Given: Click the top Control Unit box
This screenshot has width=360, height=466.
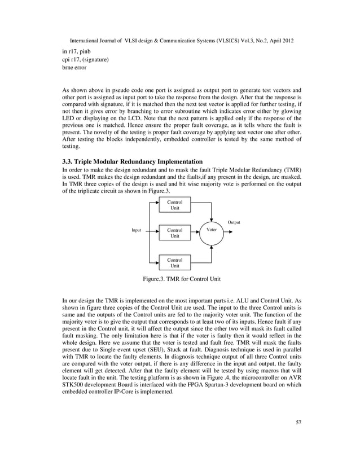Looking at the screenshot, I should tap(175, 204).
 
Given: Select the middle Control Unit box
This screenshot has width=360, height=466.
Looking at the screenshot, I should tap(175, 234).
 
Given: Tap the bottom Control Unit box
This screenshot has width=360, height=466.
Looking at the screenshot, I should tap(175, 262).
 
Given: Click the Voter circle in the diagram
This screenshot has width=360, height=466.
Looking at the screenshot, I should tap(212, 231).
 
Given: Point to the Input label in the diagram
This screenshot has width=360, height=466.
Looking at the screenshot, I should tap(137, 231).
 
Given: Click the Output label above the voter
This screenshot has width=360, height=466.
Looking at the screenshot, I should tap(234, 222).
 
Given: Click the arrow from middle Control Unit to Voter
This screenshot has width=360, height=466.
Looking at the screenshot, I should tap(195, 231).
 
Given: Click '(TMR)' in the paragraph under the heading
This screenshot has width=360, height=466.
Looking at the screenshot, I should tap(290, 170).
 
